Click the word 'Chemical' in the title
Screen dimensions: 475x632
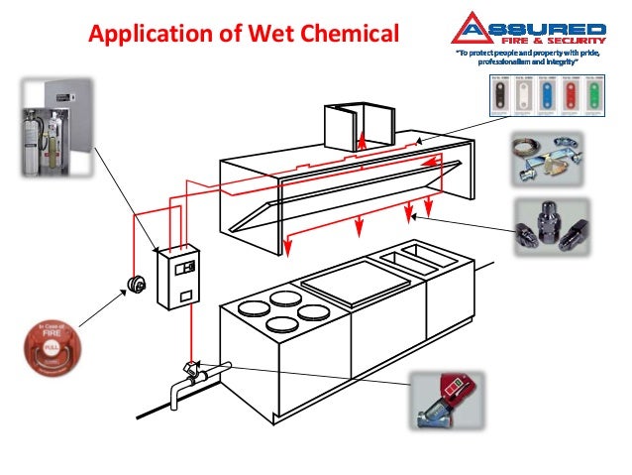click(x=349, y=35)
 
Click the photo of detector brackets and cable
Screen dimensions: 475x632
click(x=550, y=159)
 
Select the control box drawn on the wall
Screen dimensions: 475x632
click(x=179, y=277)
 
